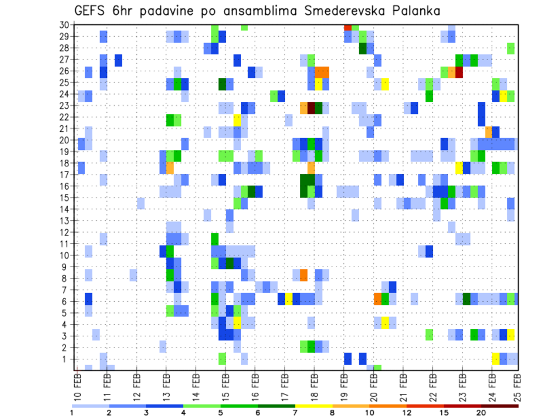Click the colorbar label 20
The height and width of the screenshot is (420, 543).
(x=481, y=413)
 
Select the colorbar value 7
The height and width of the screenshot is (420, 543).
(x=295, y=413)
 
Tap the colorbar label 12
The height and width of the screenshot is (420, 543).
(x=407, y=413)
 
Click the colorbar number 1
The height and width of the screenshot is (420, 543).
(x=72, y=413)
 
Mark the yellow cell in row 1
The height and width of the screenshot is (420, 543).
(x=495, y=359)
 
